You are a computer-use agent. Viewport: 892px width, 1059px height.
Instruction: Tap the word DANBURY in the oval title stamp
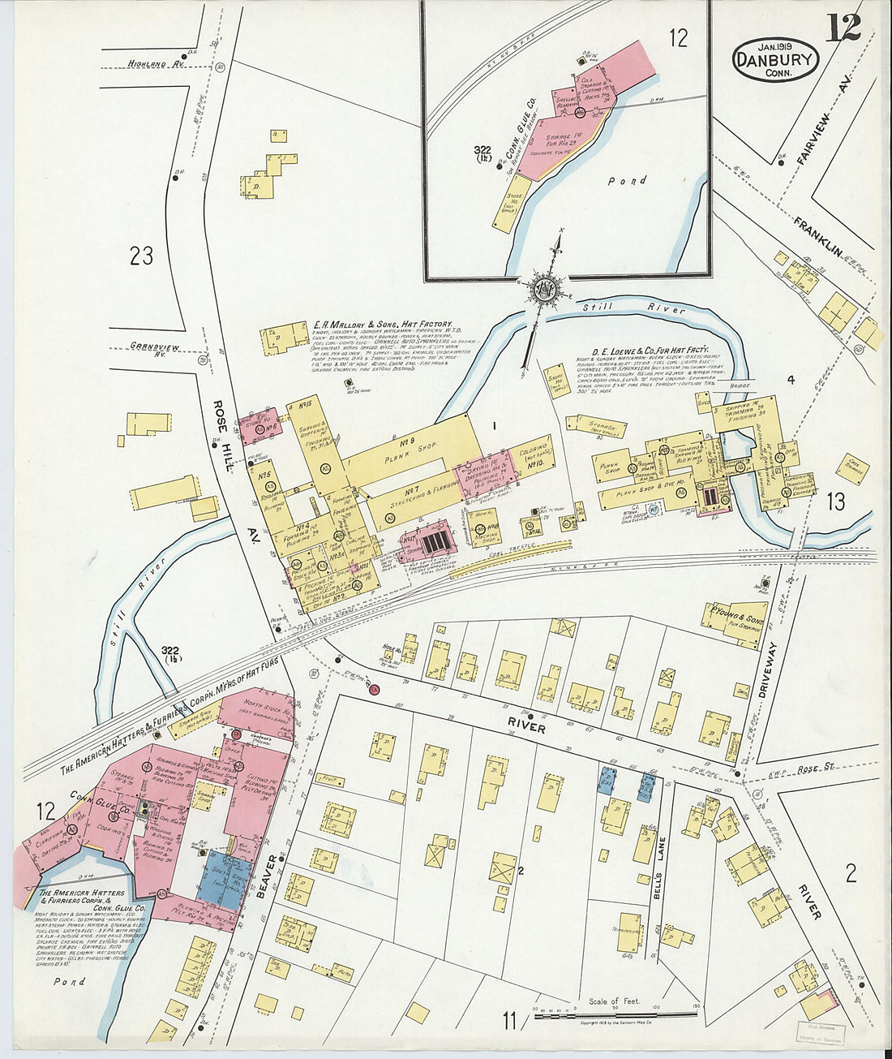click(x=775, y=58)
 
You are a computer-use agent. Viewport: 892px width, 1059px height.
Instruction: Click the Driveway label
click(x=768, y=672)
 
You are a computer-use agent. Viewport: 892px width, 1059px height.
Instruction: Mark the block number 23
click(x=141, y=256)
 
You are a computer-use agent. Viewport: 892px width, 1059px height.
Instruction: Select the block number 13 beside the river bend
click(x=835, y=502)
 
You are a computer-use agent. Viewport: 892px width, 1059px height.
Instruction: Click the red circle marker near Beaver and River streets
click(x=375, y=690)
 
